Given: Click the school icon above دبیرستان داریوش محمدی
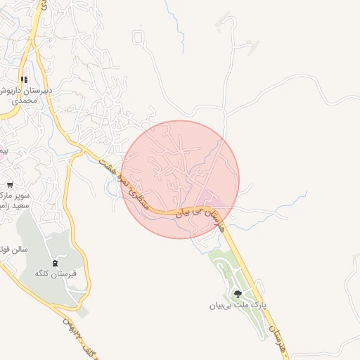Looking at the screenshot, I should (24, 80).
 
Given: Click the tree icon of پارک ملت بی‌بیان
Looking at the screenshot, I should (238, 295).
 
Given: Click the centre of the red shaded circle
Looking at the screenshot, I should (181, 179).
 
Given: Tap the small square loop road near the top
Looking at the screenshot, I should (139, 36).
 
